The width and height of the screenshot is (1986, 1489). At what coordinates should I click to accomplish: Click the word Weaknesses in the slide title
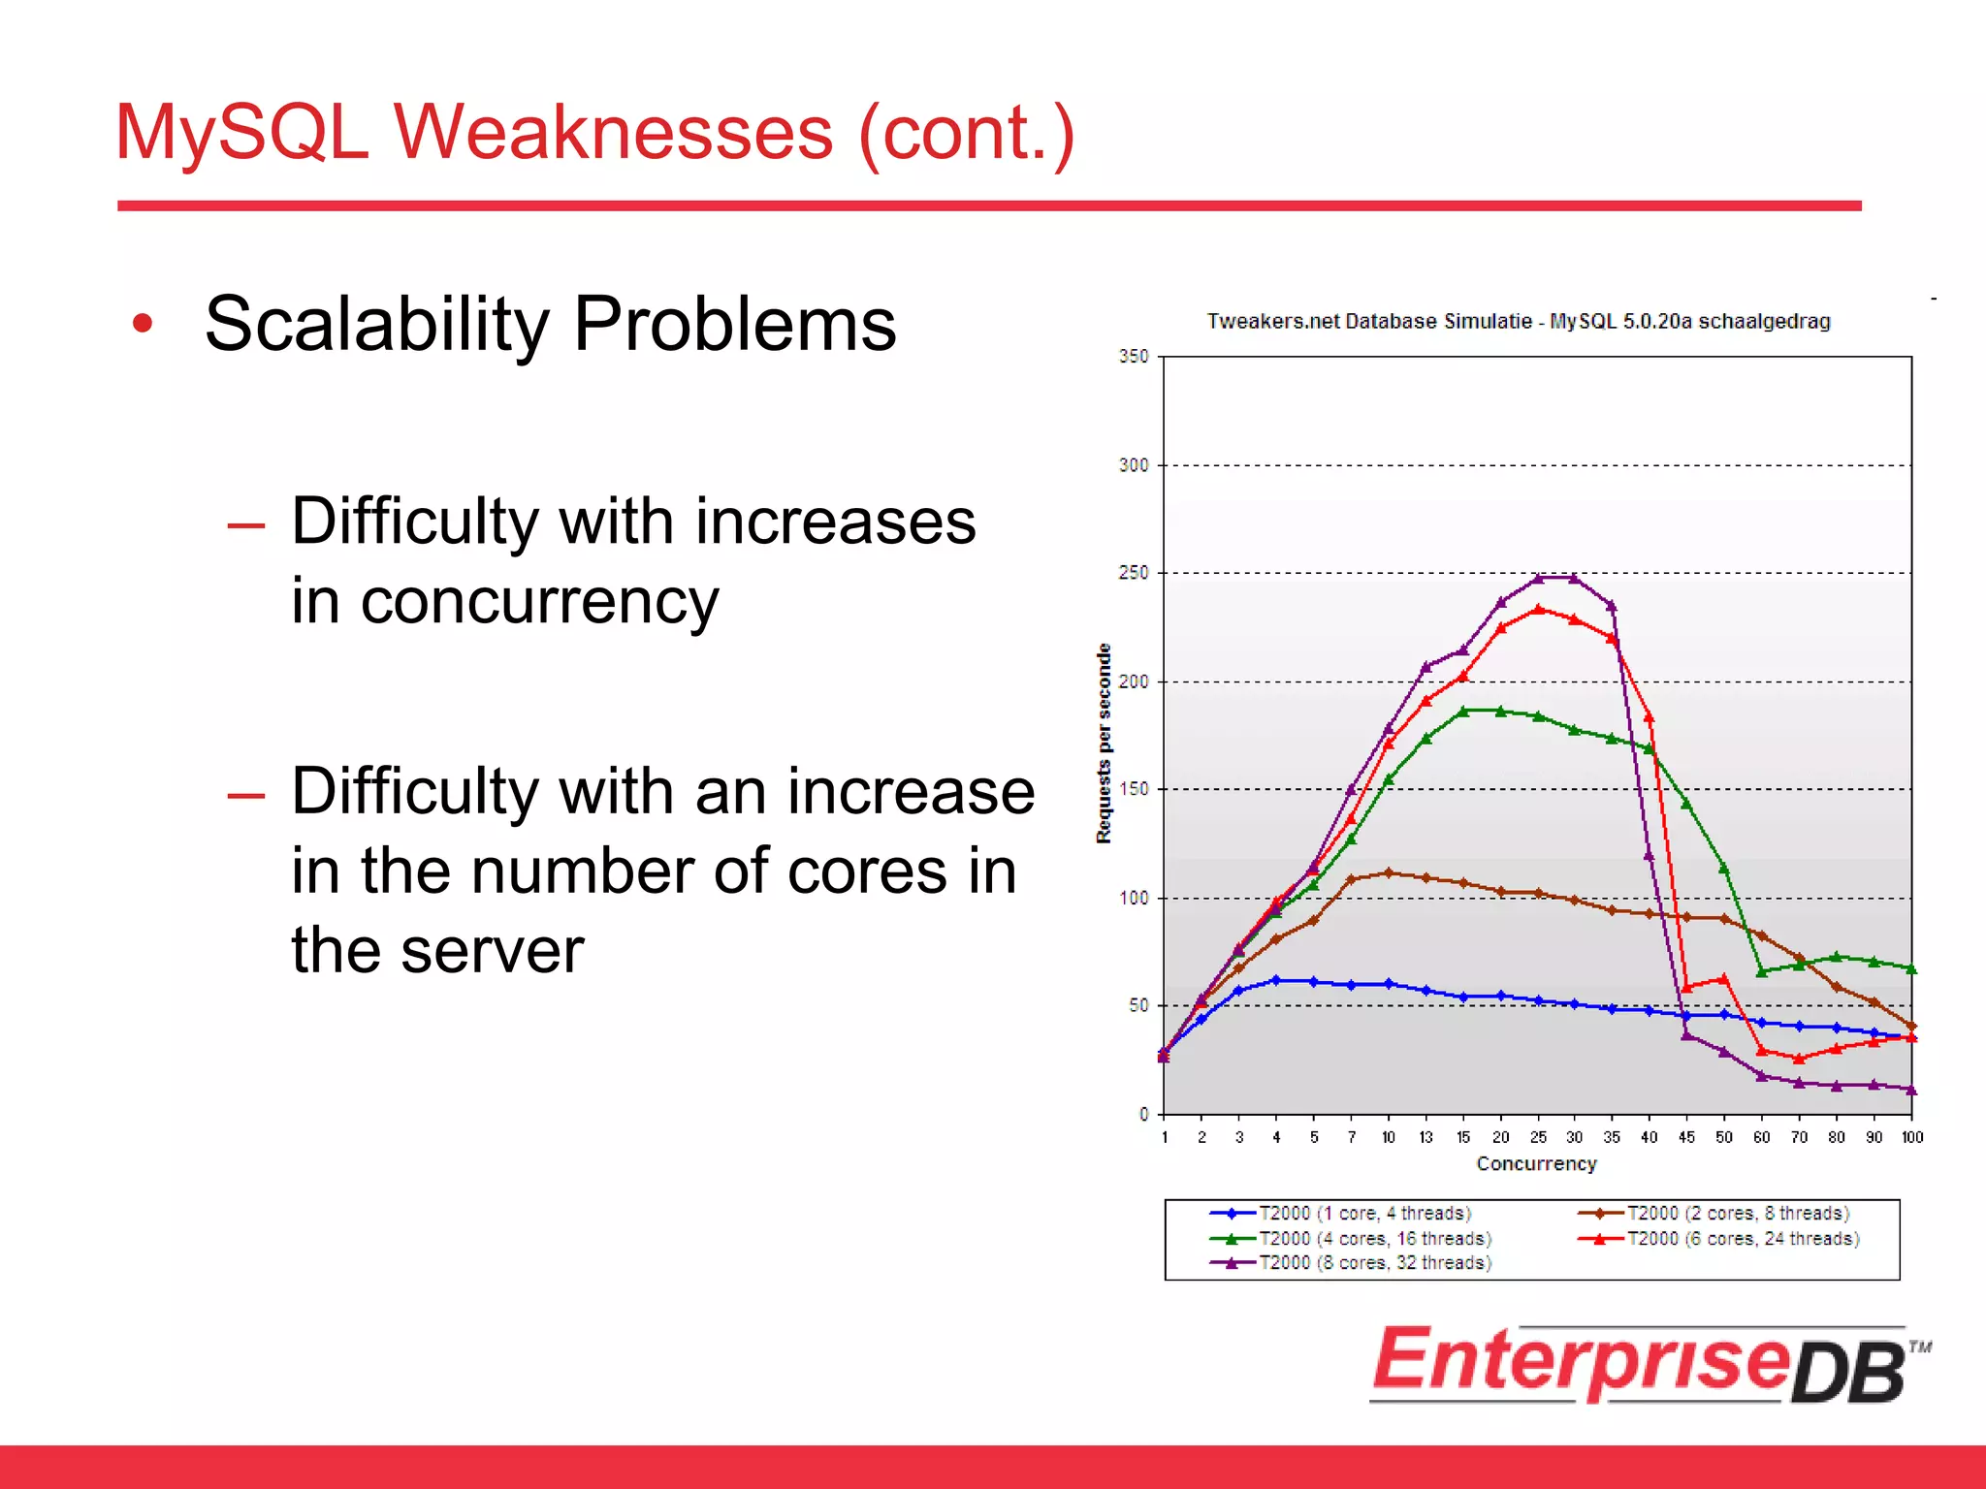pos(613,133)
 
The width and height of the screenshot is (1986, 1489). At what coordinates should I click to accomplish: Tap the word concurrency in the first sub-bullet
pos(539,602)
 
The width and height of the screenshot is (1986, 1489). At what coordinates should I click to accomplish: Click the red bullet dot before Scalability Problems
pos(143,324)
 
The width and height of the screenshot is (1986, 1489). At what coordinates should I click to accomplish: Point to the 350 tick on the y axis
pos(1133,357)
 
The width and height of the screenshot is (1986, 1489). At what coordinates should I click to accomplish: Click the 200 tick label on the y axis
pos(1133,681)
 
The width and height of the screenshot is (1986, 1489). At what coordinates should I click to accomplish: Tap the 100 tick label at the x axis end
pos(1911,1137)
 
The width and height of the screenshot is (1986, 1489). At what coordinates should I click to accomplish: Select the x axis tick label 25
pos(1538,1137)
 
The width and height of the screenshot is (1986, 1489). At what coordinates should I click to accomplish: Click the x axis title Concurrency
pos(1536,1163)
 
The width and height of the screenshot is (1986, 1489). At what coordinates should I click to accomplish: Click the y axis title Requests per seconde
pos(1104,744)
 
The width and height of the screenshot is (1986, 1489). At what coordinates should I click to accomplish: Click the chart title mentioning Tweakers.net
pos(1518,321)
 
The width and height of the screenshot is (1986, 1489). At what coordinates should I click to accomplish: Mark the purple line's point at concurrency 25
pos(1538,579)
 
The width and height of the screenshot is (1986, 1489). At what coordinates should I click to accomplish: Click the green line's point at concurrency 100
pos(1911,968)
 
